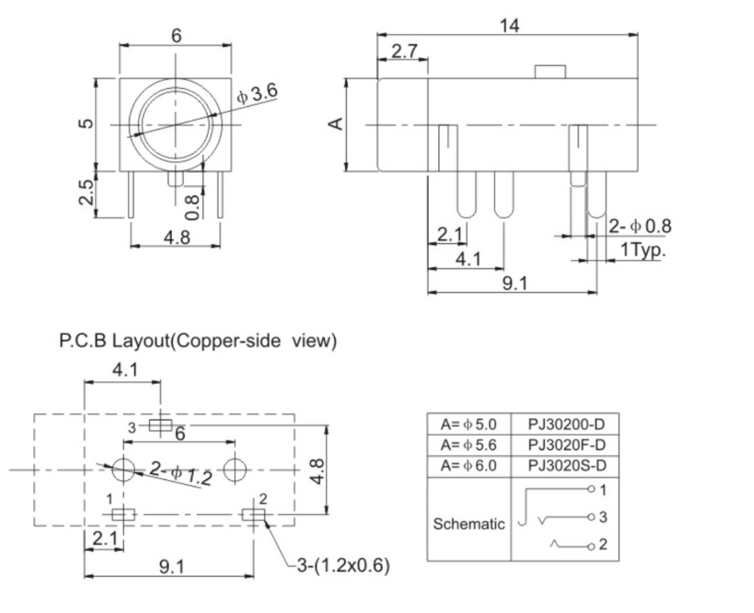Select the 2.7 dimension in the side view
point(402,52)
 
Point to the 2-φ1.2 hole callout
point(180,473)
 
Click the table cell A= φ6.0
point(468,466)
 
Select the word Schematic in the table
point(469,524)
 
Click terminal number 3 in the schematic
point(603,517)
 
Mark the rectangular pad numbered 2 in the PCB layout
point(253,514)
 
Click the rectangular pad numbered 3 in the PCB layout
point(161,425)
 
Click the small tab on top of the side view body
point(550,72)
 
